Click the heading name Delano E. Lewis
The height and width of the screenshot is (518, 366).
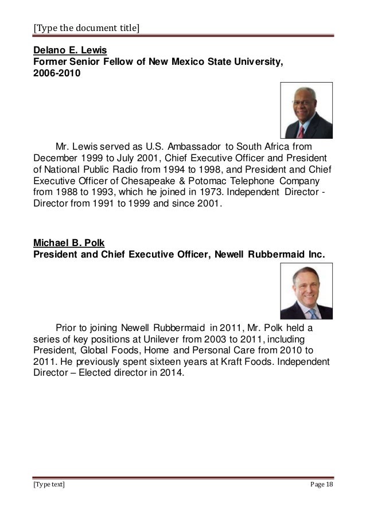point(66,51)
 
